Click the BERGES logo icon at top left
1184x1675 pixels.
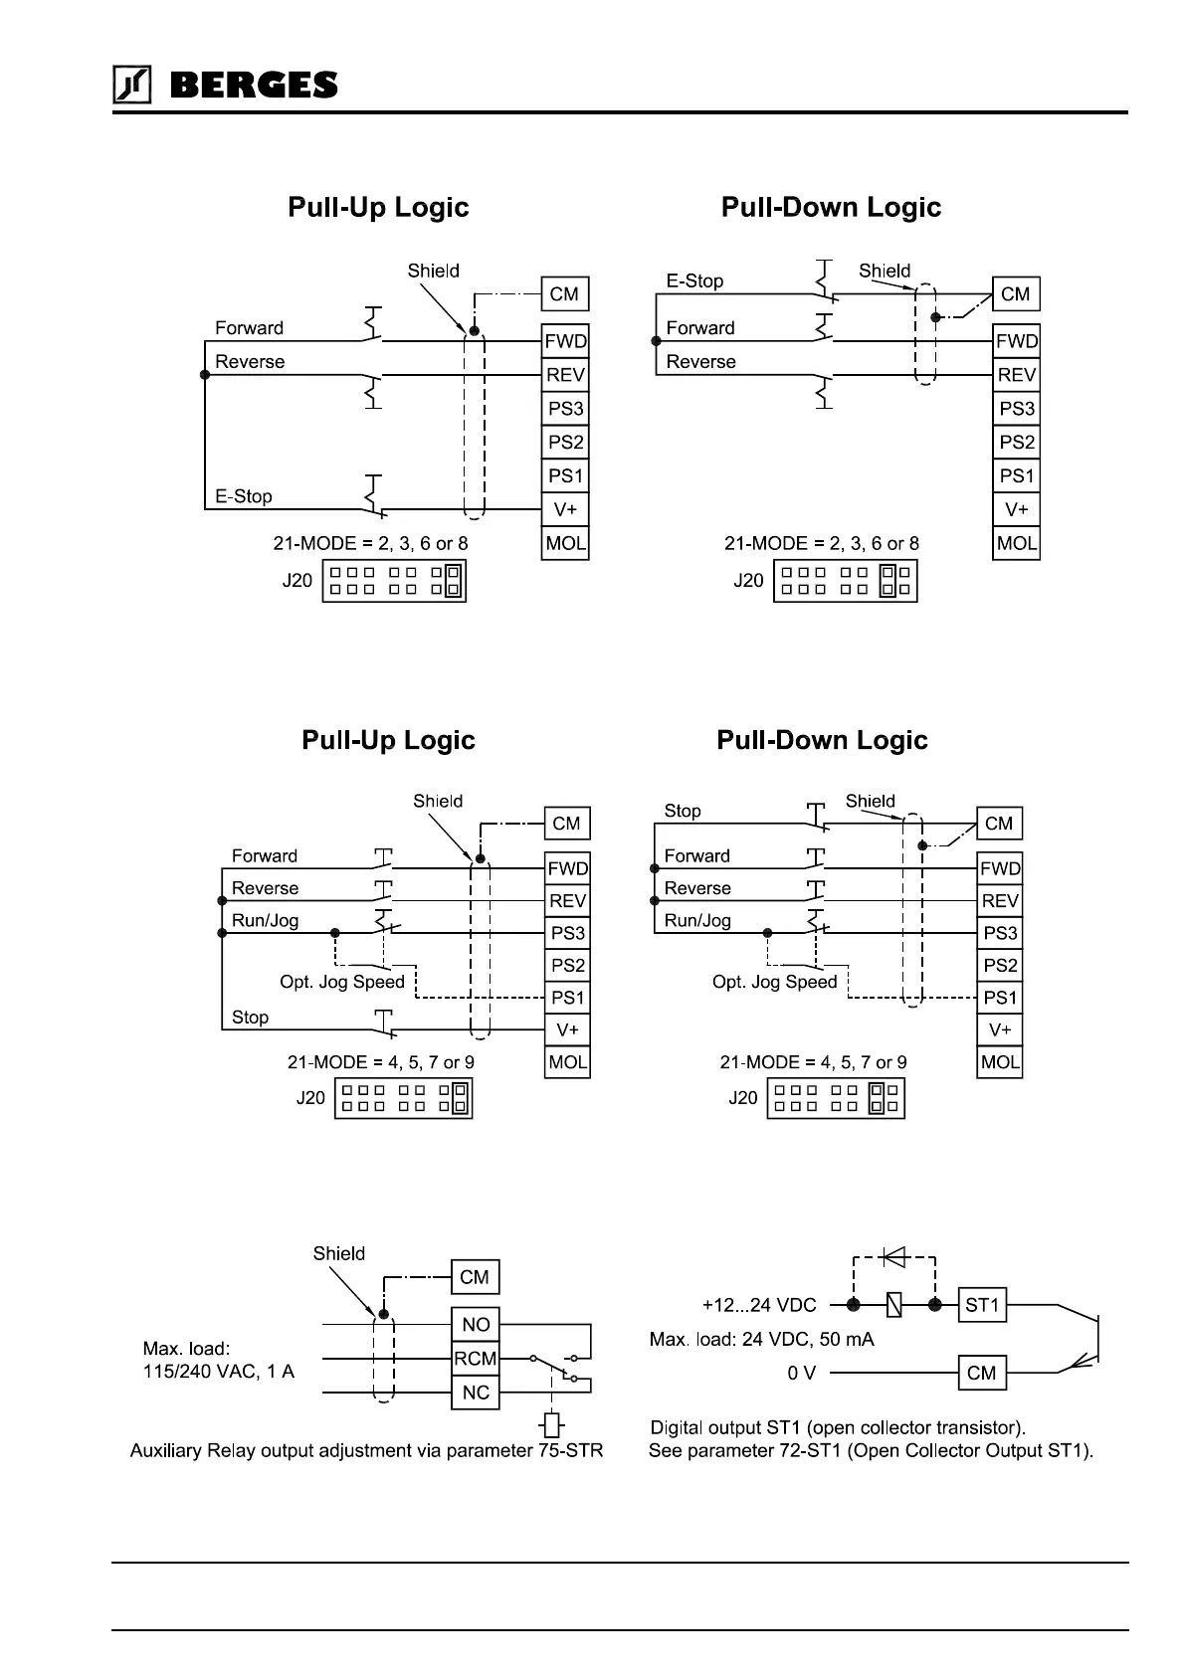click(x=131, y=86)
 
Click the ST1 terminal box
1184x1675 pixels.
click(x=982, y=1305)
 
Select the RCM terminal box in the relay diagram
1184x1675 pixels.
click(x=475, y=1359)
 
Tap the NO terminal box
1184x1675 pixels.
click(x=476, y=1325)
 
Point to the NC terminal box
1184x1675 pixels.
click(x=476, y=1393)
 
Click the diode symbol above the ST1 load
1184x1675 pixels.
click(x=893, y=1257)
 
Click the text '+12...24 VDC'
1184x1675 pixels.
click(x=759, y=1305)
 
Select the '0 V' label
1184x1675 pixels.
click(x=801, y=1374)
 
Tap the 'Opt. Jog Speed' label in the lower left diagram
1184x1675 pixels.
click(x=342, y=982)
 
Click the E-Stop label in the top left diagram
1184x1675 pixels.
click(x=244, y=496)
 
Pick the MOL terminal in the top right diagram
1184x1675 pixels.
click(x=1016, y=543)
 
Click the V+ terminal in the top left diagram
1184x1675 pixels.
click(x=565, y=510)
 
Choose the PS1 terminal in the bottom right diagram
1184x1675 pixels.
click(x=1000, y=998)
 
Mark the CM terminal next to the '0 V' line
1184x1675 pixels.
click(x=981, y=1374)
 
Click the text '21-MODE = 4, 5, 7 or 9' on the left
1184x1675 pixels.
click(x=381, y=1062)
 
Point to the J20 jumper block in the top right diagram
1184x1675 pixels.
click(x=846, y=581)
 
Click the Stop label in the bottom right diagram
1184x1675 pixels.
click(x=683, y=811)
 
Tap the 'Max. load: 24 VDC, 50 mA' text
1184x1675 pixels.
click(x=762, y=1340)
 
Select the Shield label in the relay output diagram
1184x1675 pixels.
click(x=339, y=1253)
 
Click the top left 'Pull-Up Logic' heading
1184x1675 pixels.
click(x=378, y=207)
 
